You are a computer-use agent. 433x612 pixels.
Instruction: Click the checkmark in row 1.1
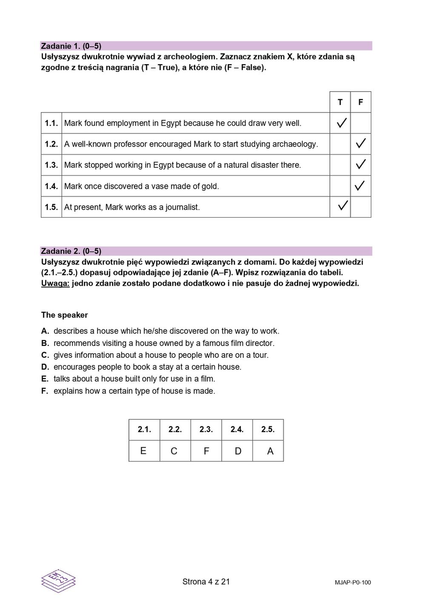click(x=341, y=123)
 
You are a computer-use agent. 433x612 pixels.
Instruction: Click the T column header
click(x=340, y=102)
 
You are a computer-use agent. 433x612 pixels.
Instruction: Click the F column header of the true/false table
click(x=361, y=102)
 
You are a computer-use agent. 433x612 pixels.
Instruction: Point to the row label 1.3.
click(x=51, y=165)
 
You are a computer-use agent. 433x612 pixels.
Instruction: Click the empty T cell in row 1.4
click(x=340, y=186)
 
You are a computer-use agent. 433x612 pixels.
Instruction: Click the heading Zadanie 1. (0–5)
click(x=71, y=46)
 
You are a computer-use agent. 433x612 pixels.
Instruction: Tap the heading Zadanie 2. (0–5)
click(x=71, y=251)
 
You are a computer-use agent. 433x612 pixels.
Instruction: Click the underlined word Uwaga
click(x=55, y=283)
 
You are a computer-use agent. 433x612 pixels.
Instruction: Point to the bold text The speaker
click(x=65, y=315)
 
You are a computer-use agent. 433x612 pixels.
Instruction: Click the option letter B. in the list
click(x=45, y=343)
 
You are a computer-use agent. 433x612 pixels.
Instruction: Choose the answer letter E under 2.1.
click(x=143, y=451)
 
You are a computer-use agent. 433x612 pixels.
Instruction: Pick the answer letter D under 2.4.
click(x=238, y=451)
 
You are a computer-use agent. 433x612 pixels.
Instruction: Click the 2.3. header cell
click(x=206, y=430)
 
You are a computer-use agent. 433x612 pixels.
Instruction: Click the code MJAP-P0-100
click(x=353, y=583)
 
